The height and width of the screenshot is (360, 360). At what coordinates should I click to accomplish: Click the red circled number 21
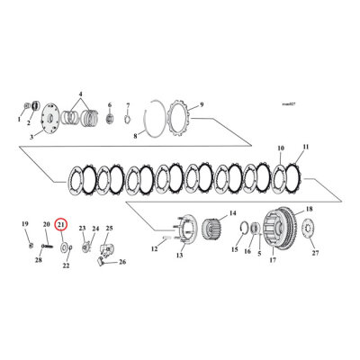pyautogui.click(x=60, y=224)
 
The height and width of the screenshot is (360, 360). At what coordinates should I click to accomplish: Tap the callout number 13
pyautogui.click(x=179, y=256)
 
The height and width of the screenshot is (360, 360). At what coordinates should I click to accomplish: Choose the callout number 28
pyautogui.click(x=39, y=260)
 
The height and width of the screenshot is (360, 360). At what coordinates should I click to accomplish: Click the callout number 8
pyautogui.click(x=135, y=137)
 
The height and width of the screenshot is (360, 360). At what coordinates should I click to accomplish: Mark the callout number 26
pyautogui.click(x=123, y=263)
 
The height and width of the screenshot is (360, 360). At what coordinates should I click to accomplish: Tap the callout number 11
pyautogui.click(x=306, y=146)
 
